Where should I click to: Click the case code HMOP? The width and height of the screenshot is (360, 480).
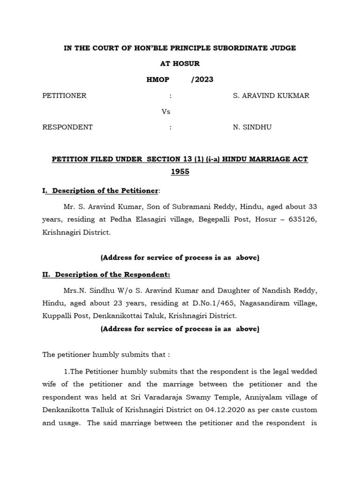click(x=158, y=79)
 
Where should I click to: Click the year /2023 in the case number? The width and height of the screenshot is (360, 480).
click(x=202, y=79)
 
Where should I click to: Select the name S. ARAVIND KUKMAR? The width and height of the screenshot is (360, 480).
click(x=271, y=96)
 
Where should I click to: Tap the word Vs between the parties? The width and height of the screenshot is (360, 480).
click(x=166, y=112)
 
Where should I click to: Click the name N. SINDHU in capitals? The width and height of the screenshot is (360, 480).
click(x=252, y=127)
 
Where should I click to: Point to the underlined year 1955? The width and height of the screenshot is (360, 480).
click(x=180, y=172)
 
